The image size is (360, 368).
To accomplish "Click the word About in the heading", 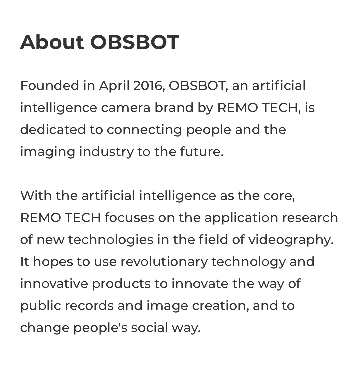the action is (x=52, y=42).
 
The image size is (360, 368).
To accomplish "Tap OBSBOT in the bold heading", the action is (x=135, y=42).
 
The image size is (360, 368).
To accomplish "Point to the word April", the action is (x=114, y=86).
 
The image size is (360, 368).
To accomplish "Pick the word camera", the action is (x=126, y=108).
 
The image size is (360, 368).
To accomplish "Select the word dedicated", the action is (x=53, y=129).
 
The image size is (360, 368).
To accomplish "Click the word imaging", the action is (x=48, y=152).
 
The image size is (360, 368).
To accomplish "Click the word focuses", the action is (x=129, y=218).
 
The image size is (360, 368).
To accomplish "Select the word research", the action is (x=310, y=218).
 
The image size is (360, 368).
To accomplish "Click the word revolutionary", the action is (x=164, y=262).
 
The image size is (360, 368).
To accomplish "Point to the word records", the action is (x=89, y=306).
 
